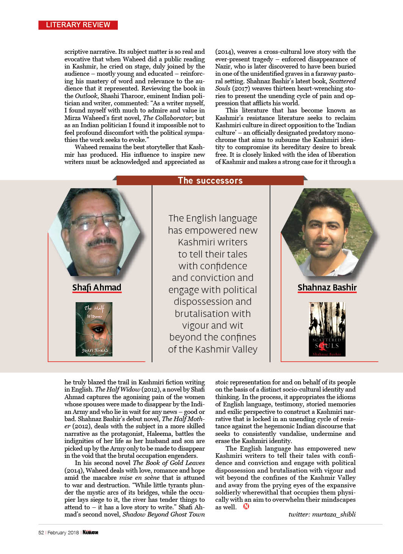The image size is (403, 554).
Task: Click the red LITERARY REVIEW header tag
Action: pos(78,25)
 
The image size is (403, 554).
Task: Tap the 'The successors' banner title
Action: pos(210,181)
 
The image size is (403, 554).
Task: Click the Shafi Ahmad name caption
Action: pos(97,288)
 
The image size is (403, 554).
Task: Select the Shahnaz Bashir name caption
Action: pos(327,288)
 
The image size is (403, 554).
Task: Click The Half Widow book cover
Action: pos(94,329)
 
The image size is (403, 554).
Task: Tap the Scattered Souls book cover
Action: pos(327,329)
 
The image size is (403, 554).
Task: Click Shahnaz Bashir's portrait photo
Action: pos(327,232)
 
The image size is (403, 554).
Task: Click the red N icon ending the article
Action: pos(246,506)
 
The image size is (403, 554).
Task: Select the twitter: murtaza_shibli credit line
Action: pos(322,514)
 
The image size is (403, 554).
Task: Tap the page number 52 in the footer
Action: pos(41,532)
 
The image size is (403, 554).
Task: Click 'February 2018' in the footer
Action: pos(63,532)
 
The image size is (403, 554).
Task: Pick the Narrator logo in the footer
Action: pos(91,532)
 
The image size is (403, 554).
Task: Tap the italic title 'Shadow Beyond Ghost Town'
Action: pos(164,514)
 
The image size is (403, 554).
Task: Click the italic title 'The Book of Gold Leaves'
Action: pos(169,463)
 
